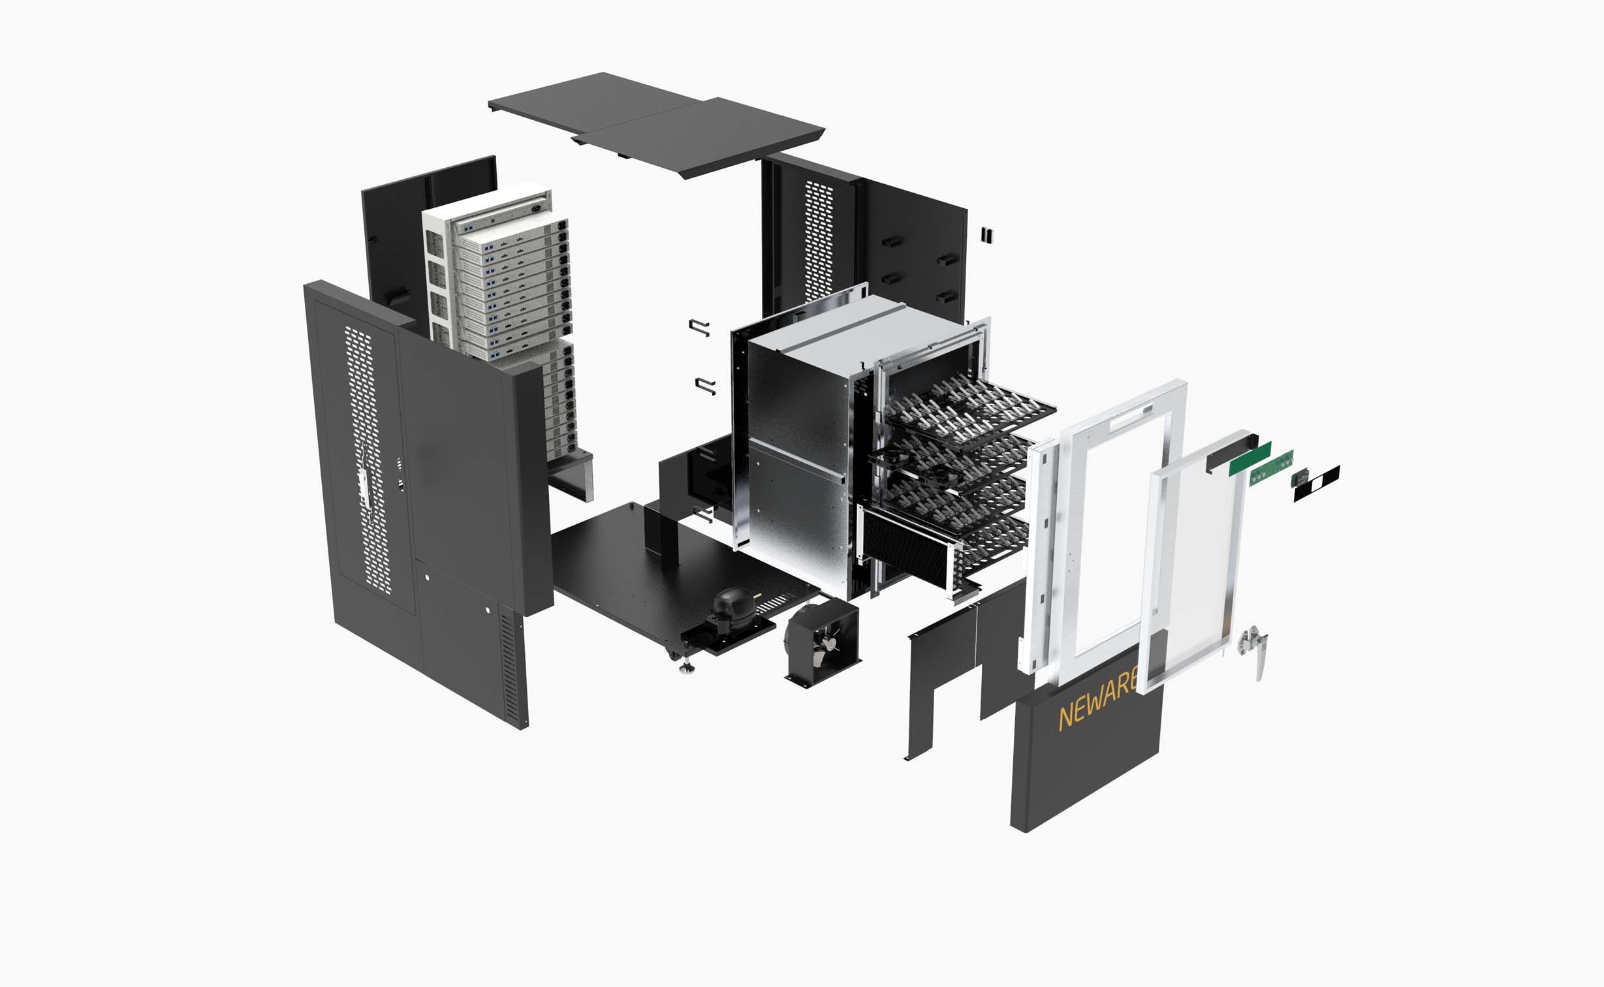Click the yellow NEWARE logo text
(1097, 708)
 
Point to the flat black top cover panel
(657, 125)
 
